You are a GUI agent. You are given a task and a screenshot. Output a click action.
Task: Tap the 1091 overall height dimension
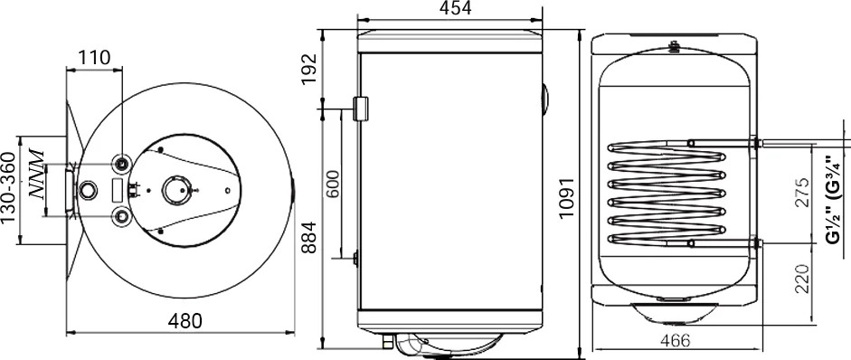click(x=567, y=198)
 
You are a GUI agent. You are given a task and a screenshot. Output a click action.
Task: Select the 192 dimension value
click(x=308, y=69)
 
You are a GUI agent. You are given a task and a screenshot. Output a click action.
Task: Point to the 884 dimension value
click(x=308, y=237)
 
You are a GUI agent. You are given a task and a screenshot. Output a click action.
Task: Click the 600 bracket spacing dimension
click(x=332, y=185)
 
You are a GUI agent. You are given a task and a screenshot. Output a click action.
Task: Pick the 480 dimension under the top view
click(x=184, y=321)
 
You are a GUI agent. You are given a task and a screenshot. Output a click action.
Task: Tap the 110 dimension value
click(x=94, y=58)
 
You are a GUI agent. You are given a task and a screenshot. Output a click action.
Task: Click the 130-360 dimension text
click(x=7, y=187)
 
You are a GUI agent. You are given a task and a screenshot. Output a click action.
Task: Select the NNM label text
click(x=36, y=174)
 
